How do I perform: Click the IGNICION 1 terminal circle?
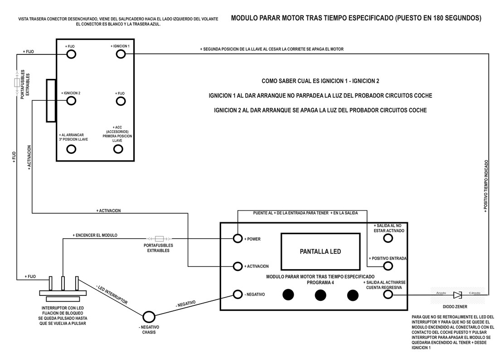(121, 54)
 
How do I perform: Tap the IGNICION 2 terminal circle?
(71, 101)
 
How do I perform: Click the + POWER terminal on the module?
(238, 239)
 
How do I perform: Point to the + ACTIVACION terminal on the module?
(238, 266)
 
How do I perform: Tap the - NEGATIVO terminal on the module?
(238, 294)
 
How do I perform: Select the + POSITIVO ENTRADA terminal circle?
(387, 266)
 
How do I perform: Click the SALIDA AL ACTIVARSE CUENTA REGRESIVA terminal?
(387, 294)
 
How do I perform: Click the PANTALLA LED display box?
(320, 251)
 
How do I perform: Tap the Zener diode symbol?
(457, 295)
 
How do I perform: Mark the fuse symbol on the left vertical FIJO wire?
(17, 83)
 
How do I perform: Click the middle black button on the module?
(320, 295)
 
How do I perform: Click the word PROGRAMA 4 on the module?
(320, 282)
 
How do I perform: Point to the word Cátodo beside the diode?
(475, 292)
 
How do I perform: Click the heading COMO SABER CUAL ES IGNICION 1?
(320, 81)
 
